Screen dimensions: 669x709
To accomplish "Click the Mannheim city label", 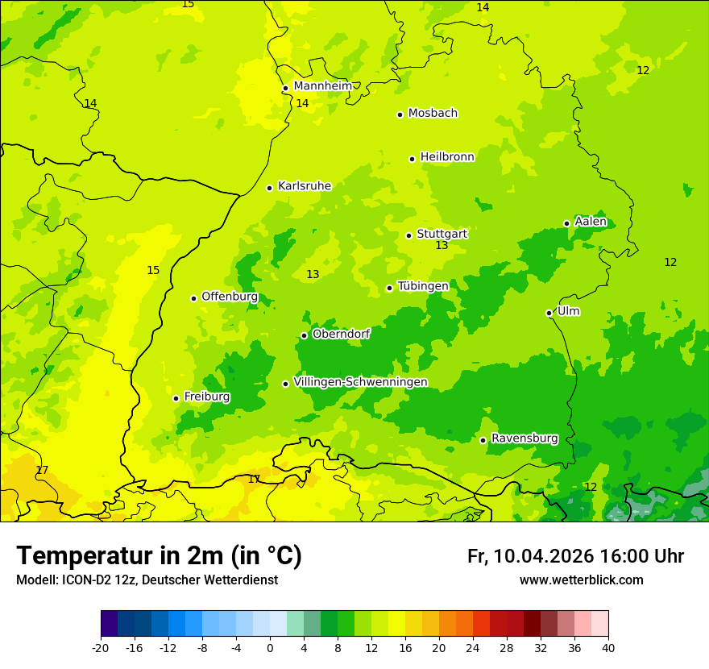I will click(322, 86).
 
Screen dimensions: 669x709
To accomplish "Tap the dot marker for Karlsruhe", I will click(269, 188).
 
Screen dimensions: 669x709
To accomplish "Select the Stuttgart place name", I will click(442, 234).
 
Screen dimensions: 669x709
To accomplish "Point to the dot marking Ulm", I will click(549, 313).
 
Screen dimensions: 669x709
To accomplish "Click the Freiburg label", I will click(206, 397).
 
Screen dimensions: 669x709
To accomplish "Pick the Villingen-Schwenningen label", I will click(360, 382).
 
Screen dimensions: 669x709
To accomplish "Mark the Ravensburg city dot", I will click(483, 440).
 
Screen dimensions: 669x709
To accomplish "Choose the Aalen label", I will click(590, 222).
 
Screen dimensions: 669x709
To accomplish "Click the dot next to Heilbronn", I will click(412, 159).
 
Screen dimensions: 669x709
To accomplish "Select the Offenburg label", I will click(229, 297).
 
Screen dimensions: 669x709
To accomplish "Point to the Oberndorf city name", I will click(341, 334).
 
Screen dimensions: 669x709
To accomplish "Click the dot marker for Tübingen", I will click(389, 288).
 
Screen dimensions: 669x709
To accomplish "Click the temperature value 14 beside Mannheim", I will click(302, 103).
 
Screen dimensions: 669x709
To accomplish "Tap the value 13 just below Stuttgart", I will click(442, 246).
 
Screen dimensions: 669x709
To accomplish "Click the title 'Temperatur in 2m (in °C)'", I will click(159, 555).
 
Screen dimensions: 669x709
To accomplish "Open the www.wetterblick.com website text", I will click(581, 580).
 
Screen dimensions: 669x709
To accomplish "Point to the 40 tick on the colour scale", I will click(607, 647).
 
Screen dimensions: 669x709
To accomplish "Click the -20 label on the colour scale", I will click(101, 647).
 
